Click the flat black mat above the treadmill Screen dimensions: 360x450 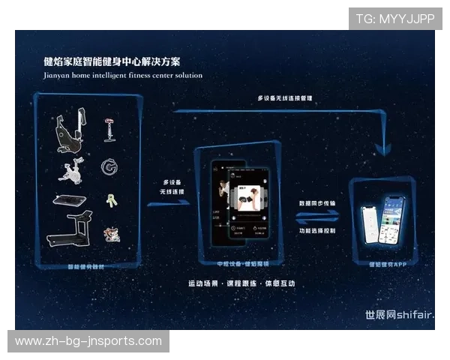point(70,200)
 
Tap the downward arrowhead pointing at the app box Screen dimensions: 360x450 point(383,149)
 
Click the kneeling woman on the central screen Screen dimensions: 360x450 point(249,198)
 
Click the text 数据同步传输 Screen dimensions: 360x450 point(317,202)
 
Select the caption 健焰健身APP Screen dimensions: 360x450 point(387,264)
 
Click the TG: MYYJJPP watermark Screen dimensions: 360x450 point(395,18)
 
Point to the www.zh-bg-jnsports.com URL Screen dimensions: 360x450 point(88,341)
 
